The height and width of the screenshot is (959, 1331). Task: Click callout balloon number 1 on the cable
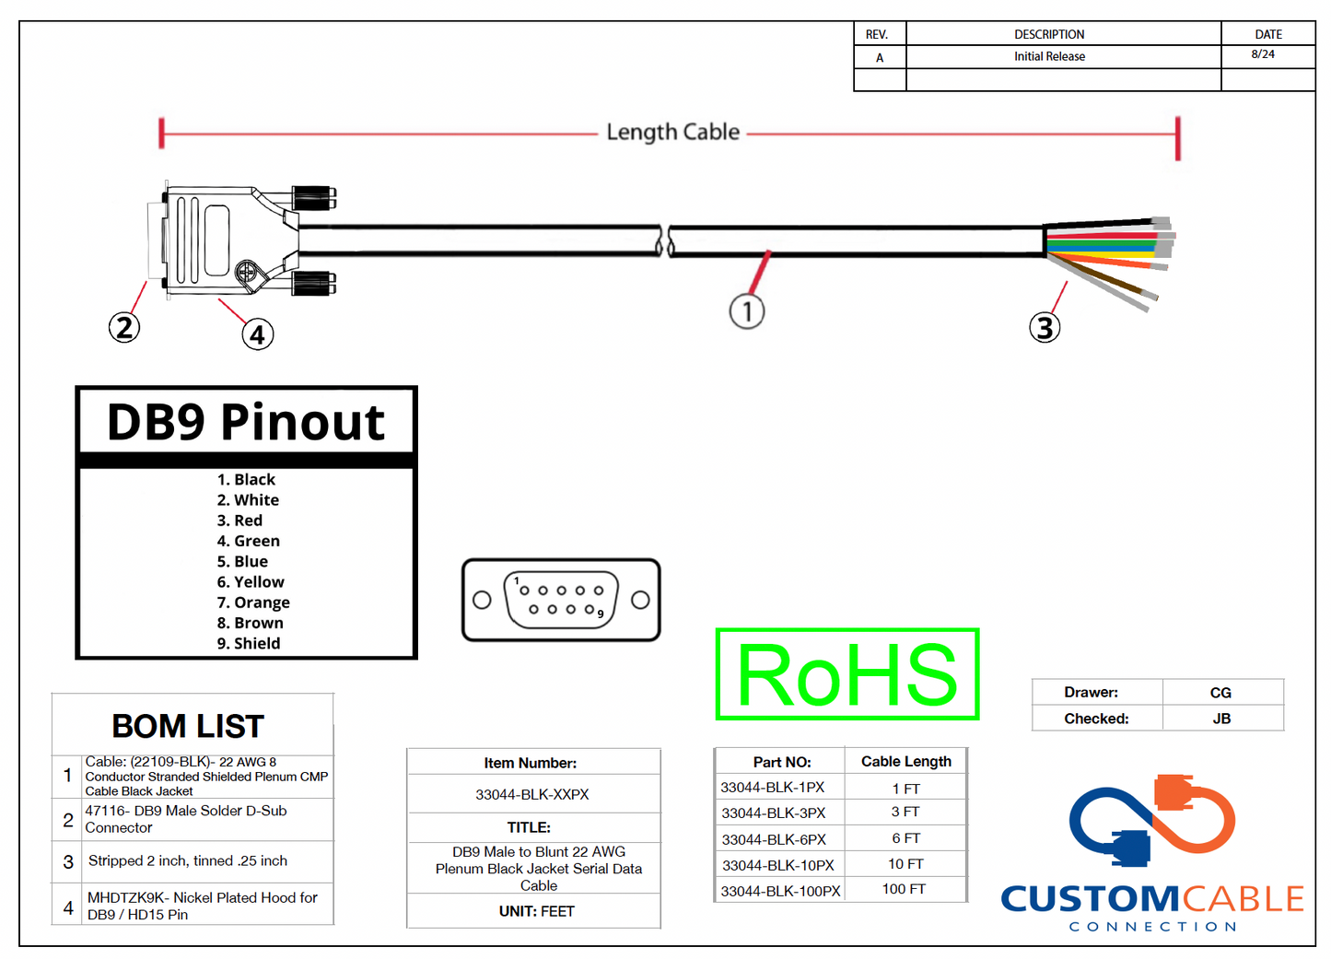[x=747, y=311]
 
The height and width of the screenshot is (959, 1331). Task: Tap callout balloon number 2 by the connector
[x=124, y=327]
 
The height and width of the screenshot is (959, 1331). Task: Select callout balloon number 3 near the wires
[x=1045, y=327]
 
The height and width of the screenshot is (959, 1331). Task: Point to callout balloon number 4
[x=258, y=334]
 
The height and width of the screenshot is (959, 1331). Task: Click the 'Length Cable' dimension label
[x=672, y=132]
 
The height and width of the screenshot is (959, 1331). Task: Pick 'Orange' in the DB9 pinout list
[x=253, y=602]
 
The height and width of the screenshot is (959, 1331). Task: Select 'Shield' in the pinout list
[x=249, y=643]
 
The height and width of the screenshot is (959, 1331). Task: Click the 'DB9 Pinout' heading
[x=246, y=423]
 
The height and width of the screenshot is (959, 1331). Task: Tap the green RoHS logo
[x=847, y=674]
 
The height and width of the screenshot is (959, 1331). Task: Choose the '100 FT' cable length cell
[x=904, y=889]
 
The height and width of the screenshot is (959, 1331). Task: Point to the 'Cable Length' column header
[x=906, y=761]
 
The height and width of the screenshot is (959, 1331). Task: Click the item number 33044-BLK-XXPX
[x=532, y=794]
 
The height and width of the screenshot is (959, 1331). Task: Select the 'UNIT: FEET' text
[x=536, y=911]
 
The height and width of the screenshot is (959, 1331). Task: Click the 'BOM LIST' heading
[x=188, y=726]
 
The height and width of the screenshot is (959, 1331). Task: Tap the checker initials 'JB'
[x=1221, y=719]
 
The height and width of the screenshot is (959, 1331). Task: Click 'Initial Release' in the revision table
[x=1049, y=56]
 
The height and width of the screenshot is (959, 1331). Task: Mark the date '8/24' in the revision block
[x=1263, y=54]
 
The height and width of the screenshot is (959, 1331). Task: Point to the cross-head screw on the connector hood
[x=246, y=272]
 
